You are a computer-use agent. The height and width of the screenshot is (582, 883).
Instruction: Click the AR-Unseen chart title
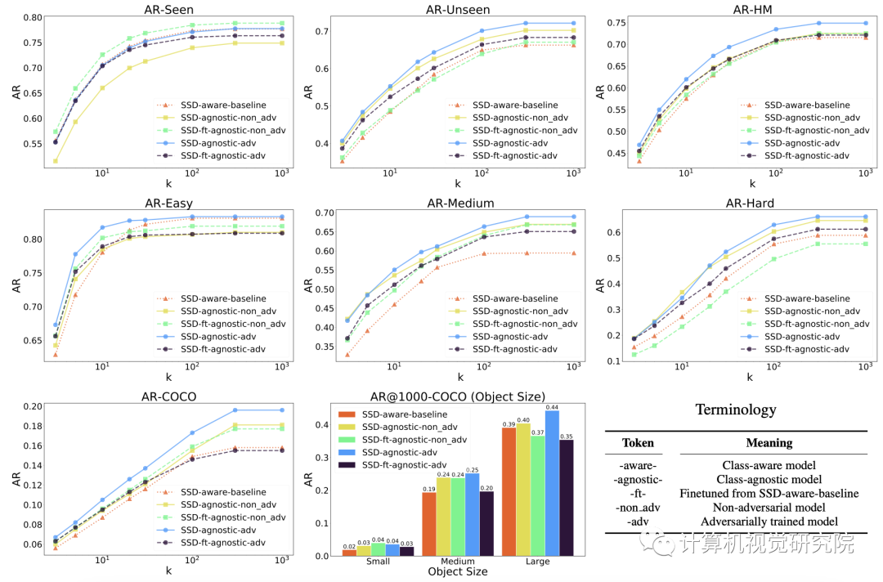458,9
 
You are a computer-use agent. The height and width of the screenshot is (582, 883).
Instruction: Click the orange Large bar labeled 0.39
509,492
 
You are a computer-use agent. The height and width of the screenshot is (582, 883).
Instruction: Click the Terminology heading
736,410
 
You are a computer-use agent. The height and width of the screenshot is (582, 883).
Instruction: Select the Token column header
638,443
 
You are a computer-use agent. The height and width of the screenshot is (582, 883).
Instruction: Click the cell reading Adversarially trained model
769,521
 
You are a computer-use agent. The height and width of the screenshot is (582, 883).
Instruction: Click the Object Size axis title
458,572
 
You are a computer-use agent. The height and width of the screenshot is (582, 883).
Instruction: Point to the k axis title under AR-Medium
460,378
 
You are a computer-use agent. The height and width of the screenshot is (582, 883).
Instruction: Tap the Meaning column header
769,443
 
